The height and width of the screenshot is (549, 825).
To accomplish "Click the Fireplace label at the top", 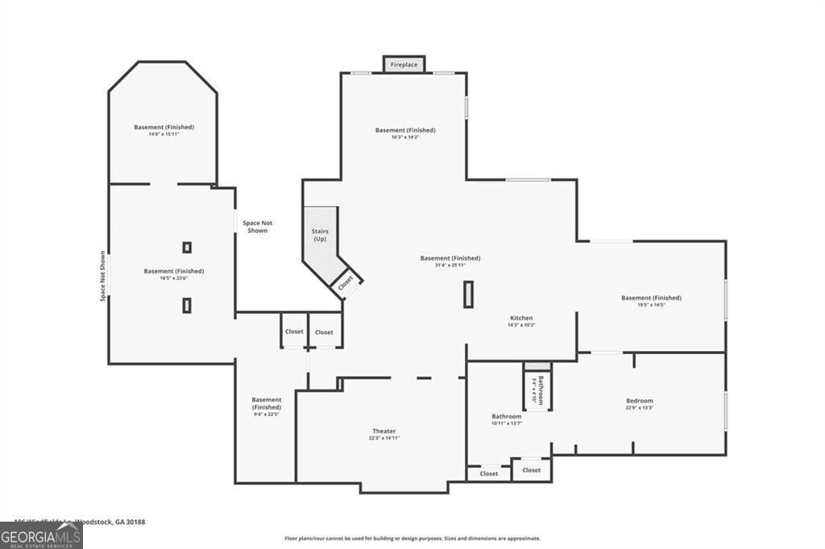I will [404, 64].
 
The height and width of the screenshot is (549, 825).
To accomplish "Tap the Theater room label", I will [383, 431].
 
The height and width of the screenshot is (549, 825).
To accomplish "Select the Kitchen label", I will [521, 318].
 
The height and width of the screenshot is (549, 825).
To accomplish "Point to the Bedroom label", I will [640, 400].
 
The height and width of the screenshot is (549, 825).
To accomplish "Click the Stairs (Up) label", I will [320, 235].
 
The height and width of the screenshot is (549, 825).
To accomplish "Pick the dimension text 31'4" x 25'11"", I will [450, 265].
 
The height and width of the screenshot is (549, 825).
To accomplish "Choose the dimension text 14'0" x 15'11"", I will [164, 134].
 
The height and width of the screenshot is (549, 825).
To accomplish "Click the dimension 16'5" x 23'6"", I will [173, 278].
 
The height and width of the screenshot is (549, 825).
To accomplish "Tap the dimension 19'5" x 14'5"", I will [651, 304].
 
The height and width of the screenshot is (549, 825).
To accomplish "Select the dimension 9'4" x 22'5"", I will [266, 415].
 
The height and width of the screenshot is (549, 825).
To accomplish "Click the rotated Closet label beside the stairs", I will [346, 283].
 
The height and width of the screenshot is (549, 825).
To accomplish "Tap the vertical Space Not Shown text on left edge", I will [103, 276].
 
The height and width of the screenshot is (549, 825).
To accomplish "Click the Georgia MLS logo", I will [41, 535].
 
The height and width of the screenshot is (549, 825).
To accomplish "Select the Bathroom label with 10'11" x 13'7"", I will [507, 416].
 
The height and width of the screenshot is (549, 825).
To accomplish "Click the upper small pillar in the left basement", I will [187, 247].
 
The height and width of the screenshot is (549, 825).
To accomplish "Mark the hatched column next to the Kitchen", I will [467, 295].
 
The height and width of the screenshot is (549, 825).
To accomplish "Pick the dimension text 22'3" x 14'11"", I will [383, 438].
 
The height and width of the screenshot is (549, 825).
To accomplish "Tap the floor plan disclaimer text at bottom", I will [412, 539].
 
